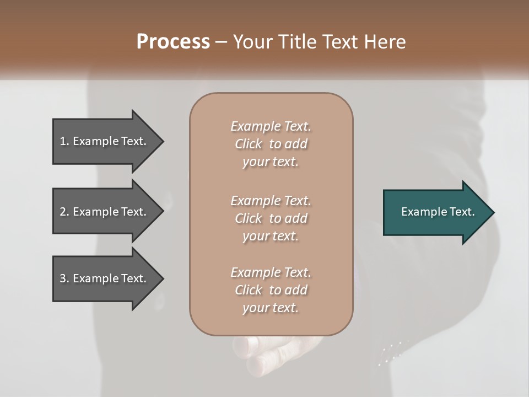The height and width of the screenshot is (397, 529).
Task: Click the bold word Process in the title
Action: (173, 42)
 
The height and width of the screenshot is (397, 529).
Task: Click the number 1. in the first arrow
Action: (64, 141)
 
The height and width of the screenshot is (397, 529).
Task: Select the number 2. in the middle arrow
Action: (64, 212)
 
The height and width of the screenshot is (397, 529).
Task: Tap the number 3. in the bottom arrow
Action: (64, 278)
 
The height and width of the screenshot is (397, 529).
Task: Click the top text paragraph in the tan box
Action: (271, 144)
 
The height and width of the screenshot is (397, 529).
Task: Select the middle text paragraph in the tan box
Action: (271, 218)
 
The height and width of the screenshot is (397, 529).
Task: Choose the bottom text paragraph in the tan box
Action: (271, 290)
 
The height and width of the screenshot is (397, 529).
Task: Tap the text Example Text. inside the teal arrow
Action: (438, 212)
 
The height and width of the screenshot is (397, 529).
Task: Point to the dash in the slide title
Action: (221, 42)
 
